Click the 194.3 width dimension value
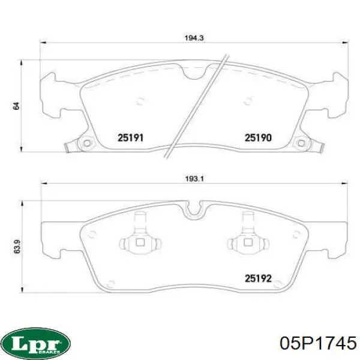(x=194, y=38)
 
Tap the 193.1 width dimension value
(x=194, y=179)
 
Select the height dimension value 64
(x=16, y=106)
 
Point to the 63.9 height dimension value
(x=17, y=247)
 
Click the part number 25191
(x=130, y=138)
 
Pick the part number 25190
(x=258, y=138)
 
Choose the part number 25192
(x=258, y=278)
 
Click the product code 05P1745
(x=319, y=343)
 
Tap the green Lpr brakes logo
(x=35, y=343)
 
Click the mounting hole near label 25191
(x=86, y=143)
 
